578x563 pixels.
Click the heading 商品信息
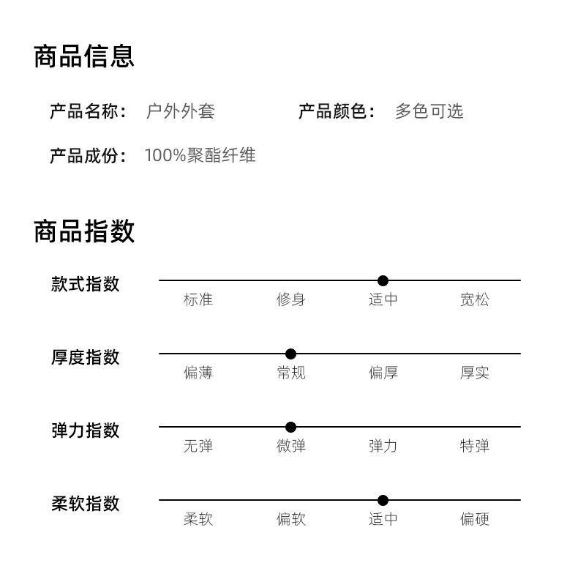(84, 56)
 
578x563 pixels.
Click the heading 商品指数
(84, 231)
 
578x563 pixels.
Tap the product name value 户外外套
(180, 111)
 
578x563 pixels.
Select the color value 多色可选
(429, 111)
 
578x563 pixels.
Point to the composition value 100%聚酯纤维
(200, 155)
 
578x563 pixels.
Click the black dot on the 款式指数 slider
(383, 280)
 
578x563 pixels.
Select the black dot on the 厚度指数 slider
(290, 354)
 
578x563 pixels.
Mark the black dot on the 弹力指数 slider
(290, 427)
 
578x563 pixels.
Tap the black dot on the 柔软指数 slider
(383, 500)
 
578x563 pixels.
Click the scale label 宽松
(474, 299)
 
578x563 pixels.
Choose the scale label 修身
(290, 299)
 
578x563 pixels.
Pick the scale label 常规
(290, 373)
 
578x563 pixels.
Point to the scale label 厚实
(474, 373)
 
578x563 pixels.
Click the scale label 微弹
(290, 446)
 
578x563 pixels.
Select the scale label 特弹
(474, 446)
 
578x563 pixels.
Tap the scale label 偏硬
(474, 519)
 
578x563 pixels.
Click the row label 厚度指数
(85, 357)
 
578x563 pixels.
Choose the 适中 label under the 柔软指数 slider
(383, 519)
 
